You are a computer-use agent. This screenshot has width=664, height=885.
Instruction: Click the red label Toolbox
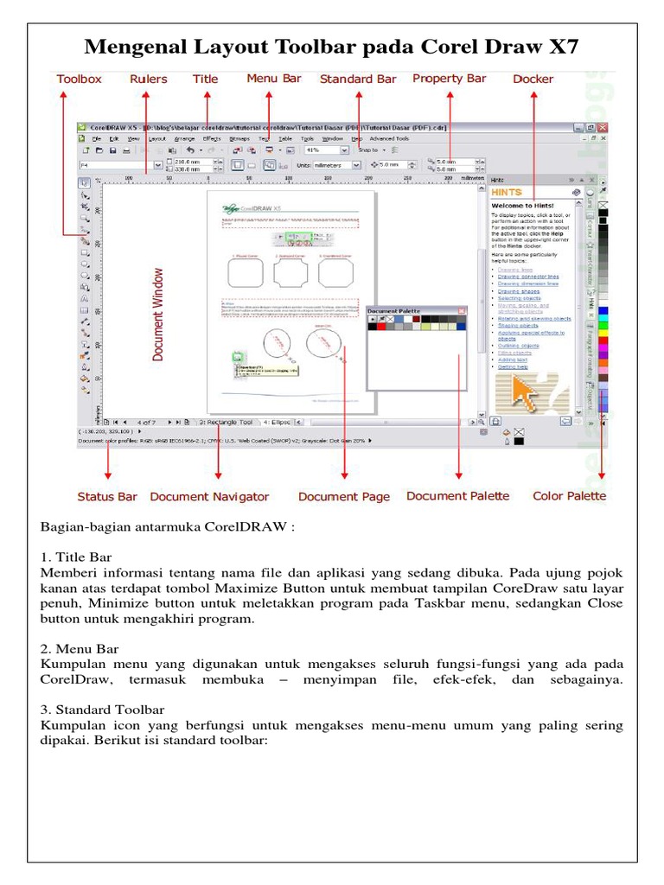[x=79, y=79]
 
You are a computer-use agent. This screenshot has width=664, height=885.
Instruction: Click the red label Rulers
[x=149, y=79]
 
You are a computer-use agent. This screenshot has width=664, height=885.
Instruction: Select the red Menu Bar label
[x=274, y=78]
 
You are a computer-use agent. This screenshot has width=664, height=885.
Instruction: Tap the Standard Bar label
[x=358, y=79]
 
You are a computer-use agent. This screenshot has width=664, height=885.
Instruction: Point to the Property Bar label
[x=450, y=78]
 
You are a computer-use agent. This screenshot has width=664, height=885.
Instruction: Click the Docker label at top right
[x=533, y=79]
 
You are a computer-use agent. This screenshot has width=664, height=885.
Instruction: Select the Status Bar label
[x=107, y=497]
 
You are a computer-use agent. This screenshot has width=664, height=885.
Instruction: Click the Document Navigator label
[x=209, y=497]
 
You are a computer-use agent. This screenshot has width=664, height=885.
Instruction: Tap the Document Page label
[x=344, y=497]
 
